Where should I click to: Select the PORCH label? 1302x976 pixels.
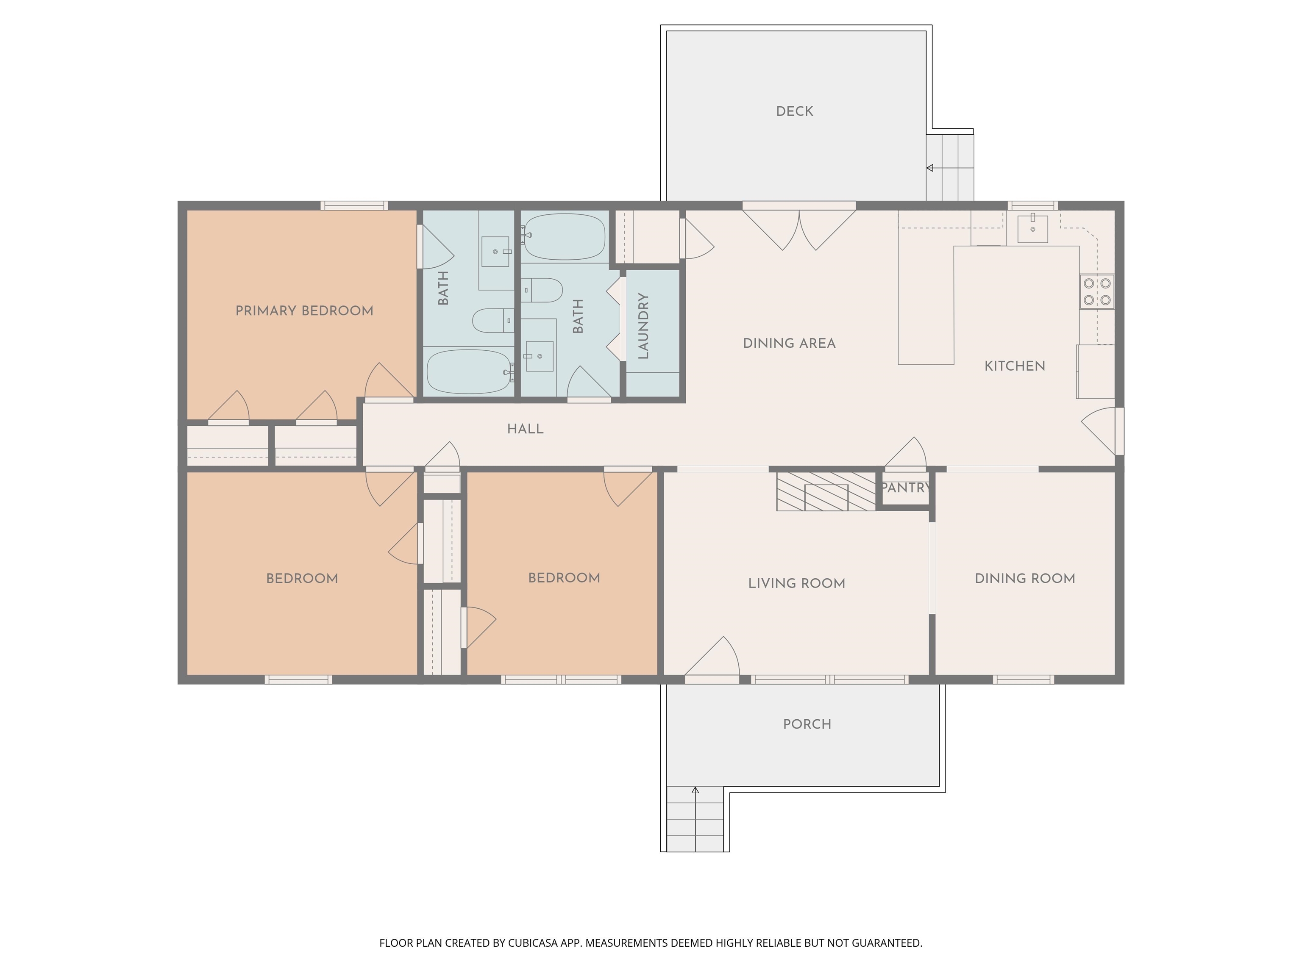click(x=807, y=724)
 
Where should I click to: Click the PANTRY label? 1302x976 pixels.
click(x=905, y=488)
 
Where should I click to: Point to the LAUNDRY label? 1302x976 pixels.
click(x=643, y=327)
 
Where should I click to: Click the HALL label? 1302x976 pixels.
click(x=525, y=429)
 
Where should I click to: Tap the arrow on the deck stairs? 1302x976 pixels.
click(x=930, y=168)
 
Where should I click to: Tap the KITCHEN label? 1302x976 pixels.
click(x=1014, y=366)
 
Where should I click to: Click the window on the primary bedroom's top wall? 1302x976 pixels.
click(x=354, y=205)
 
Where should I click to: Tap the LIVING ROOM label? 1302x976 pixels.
click(x=796, y=584)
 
